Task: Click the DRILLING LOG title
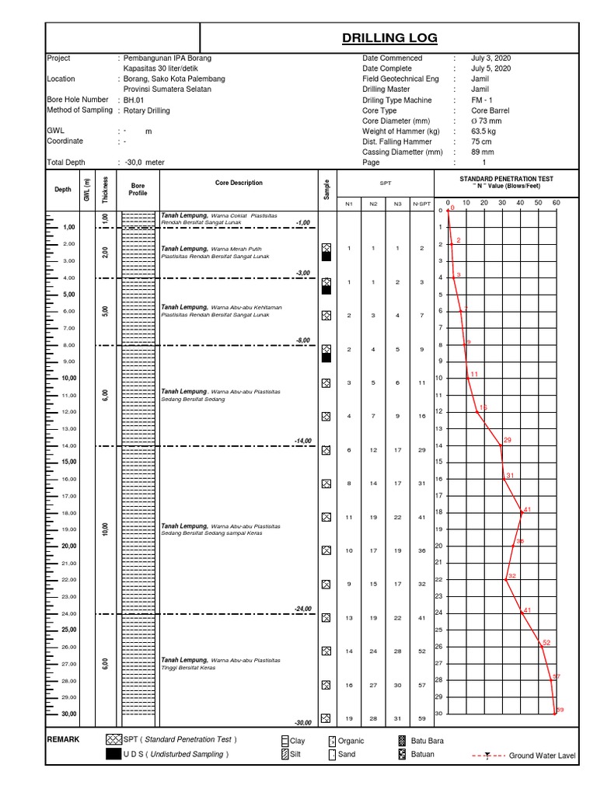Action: click(389, 37)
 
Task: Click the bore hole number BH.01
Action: click(134, 100)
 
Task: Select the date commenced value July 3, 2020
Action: click(491, 58)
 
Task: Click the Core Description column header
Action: click(239, 183)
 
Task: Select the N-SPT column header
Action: click(421, 204)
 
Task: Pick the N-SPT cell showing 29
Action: click(421, 450)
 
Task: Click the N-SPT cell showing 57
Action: click(421, 685)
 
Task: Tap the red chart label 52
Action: click(546, 643)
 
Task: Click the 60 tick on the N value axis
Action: click(555, 203)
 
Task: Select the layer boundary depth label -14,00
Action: click(302, 441)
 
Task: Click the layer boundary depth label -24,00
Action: click(302, 609)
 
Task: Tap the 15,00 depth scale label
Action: click(69, 463)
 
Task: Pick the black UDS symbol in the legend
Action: click(113, 754)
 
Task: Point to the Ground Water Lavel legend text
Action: click(542, 756)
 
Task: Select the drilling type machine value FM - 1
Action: click(481, 100)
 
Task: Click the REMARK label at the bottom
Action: click(63, 740)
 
